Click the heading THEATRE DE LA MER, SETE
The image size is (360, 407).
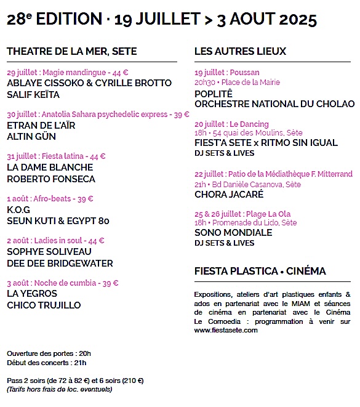pyautogui.click(x=72, y=51)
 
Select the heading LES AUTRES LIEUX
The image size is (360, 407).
pyautogui.click(x=241, y=51)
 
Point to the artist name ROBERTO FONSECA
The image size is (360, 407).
pyautogui.click(x=51, y=179)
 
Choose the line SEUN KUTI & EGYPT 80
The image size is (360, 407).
pyautogui.click(x=58, y=220)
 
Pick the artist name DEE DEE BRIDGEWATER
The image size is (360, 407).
pyautogui.click(x=60, y=263)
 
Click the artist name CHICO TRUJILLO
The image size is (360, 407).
pyautogui.click(x=44, y=305)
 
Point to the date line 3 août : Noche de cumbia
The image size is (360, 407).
pyautogui.click(x=62, y=283)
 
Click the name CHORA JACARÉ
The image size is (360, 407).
pyautogui.click(x=229, y=194)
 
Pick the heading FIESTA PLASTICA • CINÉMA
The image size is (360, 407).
pyautogui.click(x=260, y=271)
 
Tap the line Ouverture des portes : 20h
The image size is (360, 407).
pyautogui.click(x=49, y=353)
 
